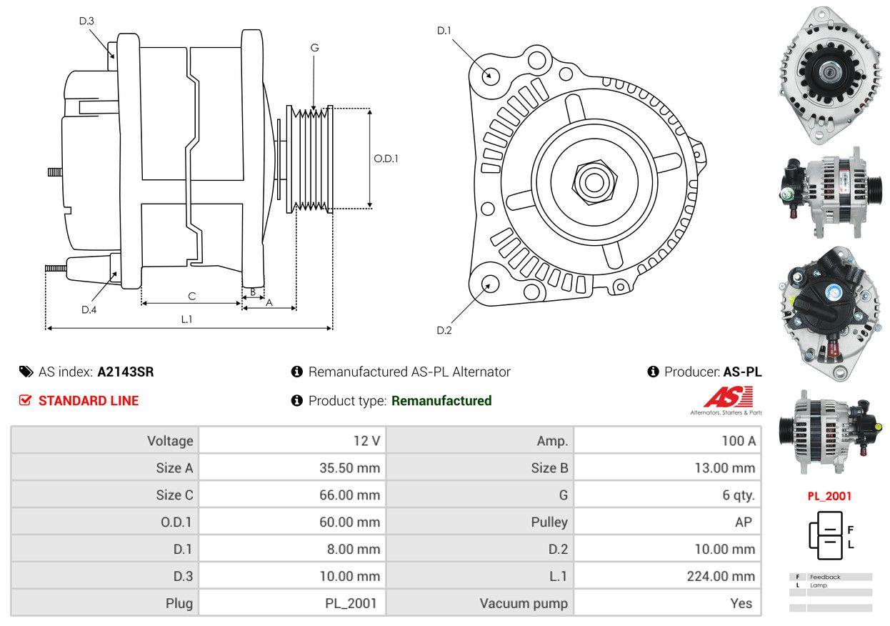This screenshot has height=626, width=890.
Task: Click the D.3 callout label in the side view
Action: [86, 21]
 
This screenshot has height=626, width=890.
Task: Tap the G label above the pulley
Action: [314, 48]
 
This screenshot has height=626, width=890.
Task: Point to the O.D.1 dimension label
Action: [386, 159]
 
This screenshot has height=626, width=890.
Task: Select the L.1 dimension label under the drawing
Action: [186, 319]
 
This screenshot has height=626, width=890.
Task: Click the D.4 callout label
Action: [89, 309]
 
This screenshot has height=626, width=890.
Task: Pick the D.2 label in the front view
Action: [444, 330]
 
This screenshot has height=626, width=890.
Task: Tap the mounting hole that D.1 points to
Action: [490, 74]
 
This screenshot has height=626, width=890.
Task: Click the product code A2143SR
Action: [126, 372]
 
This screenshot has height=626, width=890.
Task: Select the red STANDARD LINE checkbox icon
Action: [26, 401]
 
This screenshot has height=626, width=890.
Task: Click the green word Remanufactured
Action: [441, 401]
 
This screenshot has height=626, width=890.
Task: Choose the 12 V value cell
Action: [366, 441]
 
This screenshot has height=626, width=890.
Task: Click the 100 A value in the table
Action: [739, 441]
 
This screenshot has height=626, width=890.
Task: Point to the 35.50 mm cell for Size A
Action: [349, 468]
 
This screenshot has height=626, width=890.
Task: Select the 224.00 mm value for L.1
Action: [721, 576]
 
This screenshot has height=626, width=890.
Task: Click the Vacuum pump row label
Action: [524, 603]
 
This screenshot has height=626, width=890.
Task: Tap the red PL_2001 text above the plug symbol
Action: [829, 496]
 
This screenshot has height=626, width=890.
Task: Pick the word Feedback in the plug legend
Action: [825, 577]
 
